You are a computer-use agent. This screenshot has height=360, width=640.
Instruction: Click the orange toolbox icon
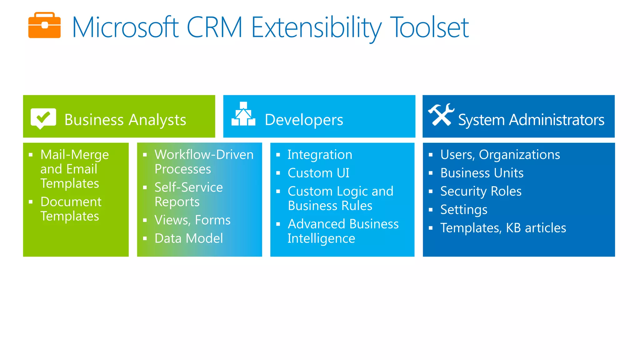(x=44, y=26)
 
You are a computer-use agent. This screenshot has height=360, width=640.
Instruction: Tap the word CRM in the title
(x=215, y=27)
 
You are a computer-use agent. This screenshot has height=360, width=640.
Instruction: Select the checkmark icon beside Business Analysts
(x=43, y=118)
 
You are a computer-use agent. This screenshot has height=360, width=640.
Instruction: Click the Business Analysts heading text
(x=125, y=120)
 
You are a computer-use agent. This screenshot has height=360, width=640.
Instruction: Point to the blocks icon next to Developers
(x=243, y=114)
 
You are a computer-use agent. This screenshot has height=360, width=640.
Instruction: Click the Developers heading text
(x=304, y=120)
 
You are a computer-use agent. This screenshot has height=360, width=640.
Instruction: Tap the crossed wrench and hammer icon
(x=441, y=115)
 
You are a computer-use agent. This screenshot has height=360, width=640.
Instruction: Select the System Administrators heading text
(x=531, y=120)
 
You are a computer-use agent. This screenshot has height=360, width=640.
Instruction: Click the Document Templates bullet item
(x=71, y=209)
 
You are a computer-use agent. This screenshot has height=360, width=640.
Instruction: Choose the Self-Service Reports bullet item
(x=188, y=194)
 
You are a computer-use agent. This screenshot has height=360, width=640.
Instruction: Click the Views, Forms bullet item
(x=192, y=220)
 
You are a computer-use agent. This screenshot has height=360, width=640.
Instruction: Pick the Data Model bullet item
(x=189, y=238)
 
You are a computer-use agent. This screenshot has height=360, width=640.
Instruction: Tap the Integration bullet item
(x=320, y=155)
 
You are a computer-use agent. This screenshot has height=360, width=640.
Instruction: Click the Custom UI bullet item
(x=318, y=173)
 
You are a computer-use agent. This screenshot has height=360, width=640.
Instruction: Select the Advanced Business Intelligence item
(x=343, y=231)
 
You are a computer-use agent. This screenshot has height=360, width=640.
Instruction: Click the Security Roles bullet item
(x=481, y=191)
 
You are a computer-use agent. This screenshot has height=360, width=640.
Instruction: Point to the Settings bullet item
(x=464, y=210)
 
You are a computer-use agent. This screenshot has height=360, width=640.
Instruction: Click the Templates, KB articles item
(x=503, y=228)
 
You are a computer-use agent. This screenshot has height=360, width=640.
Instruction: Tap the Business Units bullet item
(x=482, y=173)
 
